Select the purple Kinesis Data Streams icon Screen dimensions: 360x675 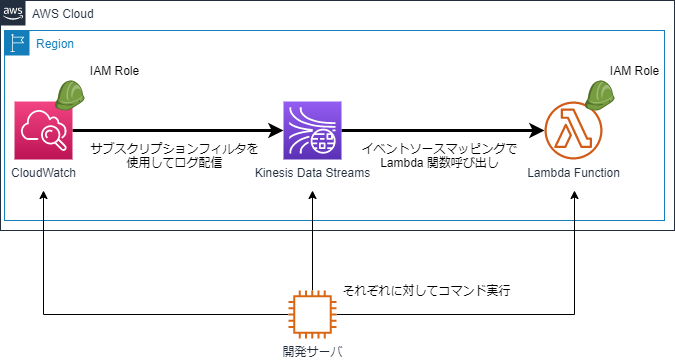pos(312,131)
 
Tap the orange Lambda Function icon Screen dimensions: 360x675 pos(574,131)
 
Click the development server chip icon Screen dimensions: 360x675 pos(312,315)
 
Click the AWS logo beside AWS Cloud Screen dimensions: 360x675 pos(13,13)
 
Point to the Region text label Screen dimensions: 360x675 pos(55,45)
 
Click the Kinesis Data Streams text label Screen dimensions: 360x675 pos(313,173)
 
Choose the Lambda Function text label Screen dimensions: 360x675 pos(574,173)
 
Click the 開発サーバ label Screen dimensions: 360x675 pos(313,350)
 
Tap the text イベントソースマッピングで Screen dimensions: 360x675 pos(440,148)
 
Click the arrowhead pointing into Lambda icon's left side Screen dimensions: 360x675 pos(538,131)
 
